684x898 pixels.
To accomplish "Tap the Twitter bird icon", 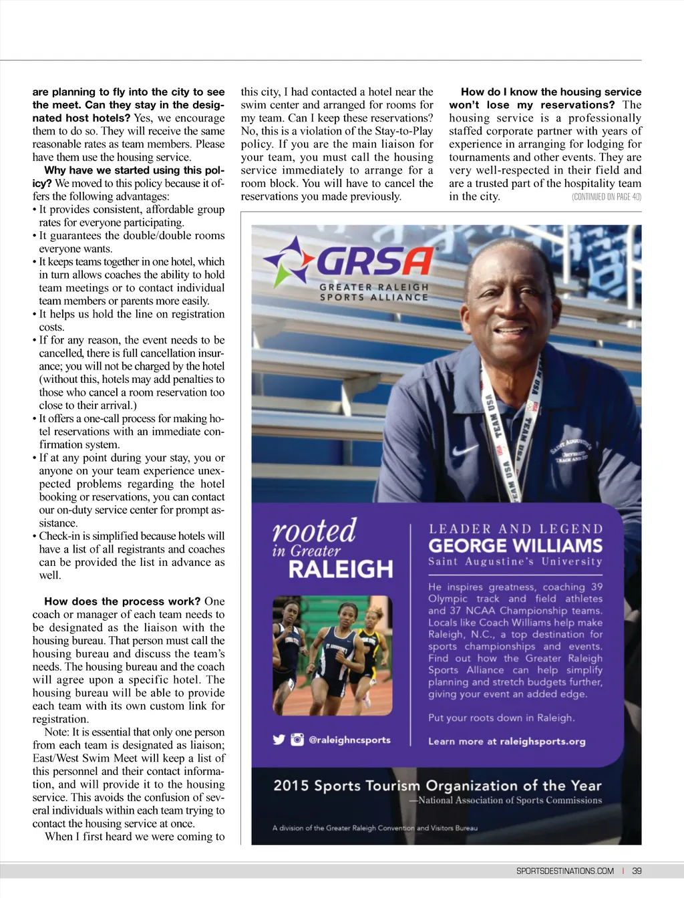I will (279, 740).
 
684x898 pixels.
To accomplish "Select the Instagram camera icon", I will (297, 740).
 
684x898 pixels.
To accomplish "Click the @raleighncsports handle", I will (349, 740).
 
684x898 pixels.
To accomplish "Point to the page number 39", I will (637, 871).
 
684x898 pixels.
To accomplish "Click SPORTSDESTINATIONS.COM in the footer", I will (564, 871).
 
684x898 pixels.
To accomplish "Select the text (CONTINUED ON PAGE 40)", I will (606, 196).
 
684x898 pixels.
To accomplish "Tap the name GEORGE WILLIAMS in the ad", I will (515, 546).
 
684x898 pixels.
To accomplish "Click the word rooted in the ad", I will (314, 531).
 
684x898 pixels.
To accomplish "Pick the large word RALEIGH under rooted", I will (341, 569).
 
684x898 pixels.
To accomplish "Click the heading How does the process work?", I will (123, 601).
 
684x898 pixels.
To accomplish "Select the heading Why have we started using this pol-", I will (134, 170).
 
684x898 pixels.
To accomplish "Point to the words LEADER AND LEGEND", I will (515, 529).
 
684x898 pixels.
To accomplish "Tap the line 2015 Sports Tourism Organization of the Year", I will (438, 786).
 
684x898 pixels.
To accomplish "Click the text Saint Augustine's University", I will (515, 562).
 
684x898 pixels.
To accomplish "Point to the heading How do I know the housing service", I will (550, 92).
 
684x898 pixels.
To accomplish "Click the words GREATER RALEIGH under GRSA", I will (373, 287).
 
